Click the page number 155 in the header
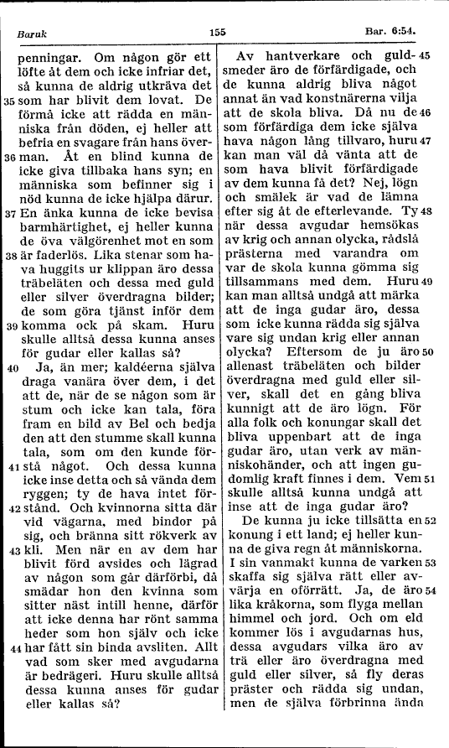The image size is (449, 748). click(219, 32)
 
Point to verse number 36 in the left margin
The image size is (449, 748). click(9, 157)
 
